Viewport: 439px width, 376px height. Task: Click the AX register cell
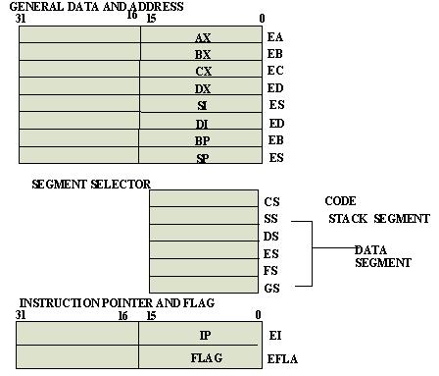pos(202,35)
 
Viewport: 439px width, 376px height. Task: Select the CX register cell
pos(202,71)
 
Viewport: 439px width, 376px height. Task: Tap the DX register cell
pos(202,87)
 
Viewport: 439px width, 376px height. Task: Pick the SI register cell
pos(202,104)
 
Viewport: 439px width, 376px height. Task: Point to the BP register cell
pos(202,139)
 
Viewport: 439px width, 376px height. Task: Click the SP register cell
pos(202,156)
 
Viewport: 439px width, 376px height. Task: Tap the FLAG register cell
pos(200,356)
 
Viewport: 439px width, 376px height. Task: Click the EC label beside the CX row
pos(275,71)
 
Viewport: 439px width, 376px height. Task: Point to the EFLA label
pos(283,359)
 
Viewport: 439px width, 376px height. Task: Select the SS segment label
pos(272,218)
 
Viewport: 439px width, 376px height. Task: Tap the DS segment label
pos(272,236)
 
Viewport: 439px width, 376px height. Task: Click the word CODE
pos(339,201)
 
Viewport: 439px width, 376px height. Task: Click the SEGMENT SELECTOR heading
pos(92,184)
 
